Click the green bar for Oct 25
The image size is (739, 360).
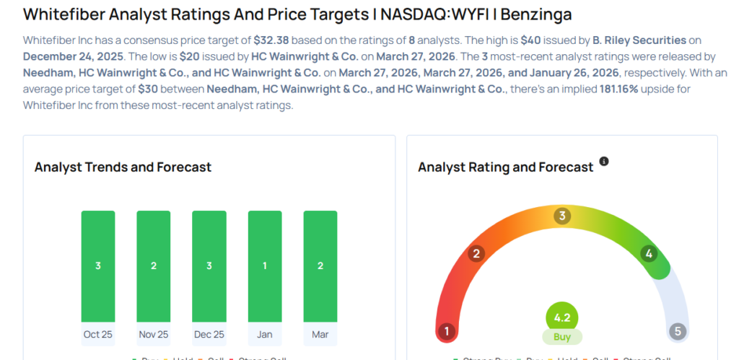pyautogui.click(x=98, y=266)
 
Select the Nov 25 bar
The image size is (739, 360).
pyautogui.click(x=154, y=266)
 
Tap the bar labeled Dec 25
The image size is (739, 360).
pyautogui.click(x=209, y=266)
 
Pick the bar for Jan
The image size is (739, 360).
pyautogui.click(x=265, y=266)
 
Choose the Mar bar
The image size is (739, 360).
pyautogui.click(x=320, y=266)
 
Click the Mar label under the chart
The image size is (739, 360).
pyautogui.click(x=320, y=335)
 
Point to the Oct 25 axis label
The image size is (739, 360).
pyautogui.click(x=98, y=335)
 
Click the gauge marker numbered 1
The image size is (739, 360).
pyautogui.click(x=447, y=332)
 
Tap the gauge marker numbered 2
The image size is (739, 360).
pyautogui.click(x=476, y=253)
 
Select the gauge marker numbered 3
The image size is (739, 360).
pyautogui.click(x=562, y=216)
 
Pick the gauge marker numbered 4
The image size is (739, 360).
pyautogui.click(x=649, y=253)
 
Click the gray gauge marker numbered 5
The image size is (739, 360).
pyautogui.click(x=677, y=332)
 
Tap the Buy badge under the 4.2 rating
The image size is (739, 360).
pyautogui.click(x=562, y=337)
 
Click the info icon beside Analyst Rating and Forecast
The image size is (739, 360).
pyautogui.click(x=604, y=162)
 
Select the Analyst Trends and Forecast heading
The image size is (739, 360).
pyautogui.click(x=123, y=167)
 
